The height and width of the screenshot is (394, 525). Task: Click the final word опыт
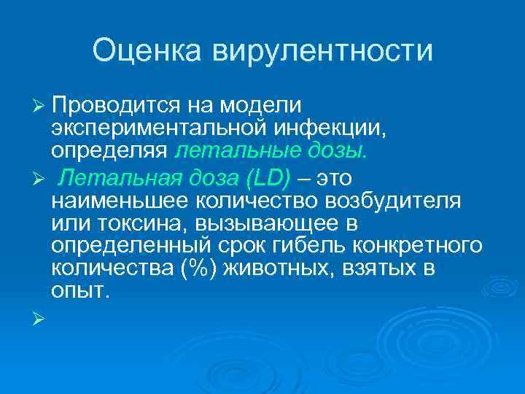click(81, 291)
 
